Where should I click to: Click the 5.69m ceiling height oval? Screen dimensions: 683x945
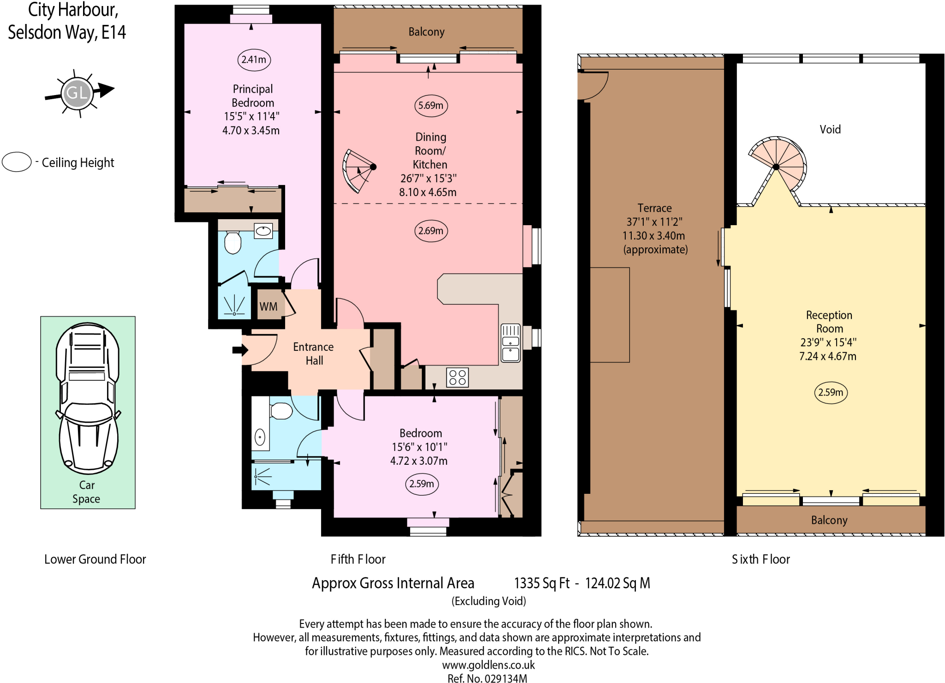[431, 105]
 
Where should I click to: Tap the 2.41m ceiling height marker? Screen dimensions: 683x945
[253, 60]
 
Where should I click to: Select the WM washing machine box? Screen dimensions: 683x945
[268, 306]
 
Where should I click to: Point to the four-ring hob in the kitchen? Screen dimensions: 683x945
[457, 377]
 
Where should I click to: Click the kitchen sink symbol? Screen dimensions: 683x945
[510, 342]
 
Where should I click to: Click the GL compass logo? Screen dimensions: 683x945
[77, 93]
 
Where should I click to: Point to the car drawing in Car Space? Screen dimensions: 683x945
[88, 398]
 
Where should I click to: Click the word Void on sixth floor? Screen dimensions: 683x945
[830, 129]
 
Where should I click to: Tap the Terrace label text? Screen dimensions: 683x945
[654, 208]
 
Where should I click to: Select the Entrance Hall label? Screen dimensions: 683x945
[313, 353]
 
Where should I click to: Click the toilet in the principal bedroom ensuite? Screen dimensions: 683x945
[233, 242]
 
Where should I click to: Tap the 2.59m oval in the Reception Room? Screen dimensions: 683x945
[831, 392]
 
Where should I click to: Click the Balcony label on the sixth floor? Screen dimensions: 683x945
[829, 520]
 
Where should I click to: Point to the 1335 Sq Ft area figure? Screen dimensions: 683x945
[542, 583]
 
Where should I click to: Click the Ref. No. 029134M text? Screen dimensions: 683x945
[487, 678]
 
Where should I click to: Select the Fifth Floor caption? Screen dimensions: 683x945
[358, 559]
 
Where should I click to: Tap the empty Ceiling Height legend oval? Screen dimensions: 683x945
[17, 162]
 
